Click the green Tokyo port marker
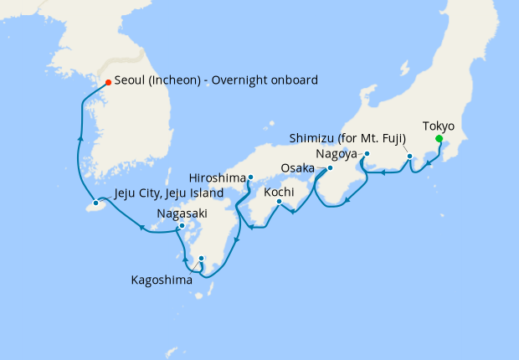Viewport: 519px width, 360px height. tap(439, 139)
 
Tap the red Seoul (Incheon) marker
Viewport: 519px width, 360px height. tap(108, 82)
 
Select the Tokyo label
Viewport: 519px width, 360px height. tap(439, 126)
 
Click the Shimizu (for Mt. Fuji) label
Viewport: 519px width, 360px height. tap(347, 138)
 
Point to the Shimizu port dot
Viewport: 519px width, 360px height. tap(409, 157)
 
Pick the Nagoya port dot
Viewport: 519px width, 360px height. tap(367, 154)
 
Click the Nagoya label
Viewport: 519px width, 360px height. tap(337, 154)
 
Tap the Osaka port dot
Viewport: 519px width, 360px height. tap(330, 167)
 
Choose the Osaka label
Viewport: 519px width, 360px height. tap(298, 168)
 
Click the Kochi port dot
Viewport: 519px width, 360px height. tap(280, 201)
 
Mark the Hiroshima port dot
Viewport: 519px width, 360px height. tap(250, 177)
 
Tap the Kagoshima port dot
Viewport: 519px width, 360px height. tap(202, 259)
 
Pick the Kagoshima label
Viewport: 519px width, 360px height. tap(162, 280)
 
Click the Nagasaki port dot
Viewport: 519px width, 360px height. tap(182, 225)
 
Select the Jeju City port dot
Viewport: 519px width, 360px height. tap(96, 203)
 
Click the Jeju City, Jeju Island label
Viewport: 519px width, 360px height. tap(168, 193)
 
